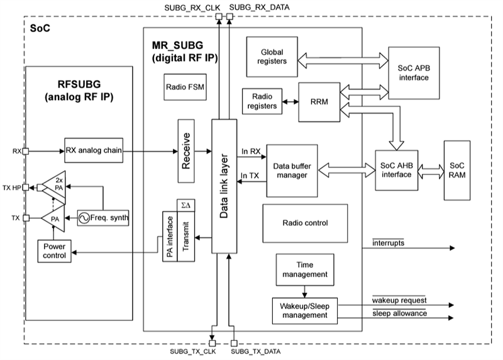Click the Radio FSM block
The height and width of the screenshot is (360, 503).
point(184,86)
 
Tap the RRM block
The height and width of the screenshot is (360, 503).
point(319,100)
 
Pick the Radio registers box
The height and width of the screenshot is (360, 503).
point(262,101)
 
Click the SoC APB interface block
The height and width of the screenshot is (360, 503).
point(413,72)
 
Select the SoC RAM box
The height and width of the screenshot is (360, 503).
point(456,169)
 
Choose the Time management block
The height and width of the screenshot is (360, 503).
point(304,270)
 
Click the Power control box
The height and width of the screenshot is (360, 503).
point(54,251)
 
